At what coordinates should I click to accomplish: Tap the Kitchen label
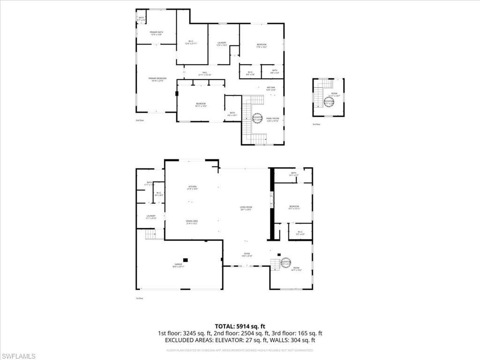point(193,187)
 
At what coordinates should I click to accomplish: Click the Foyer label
point(247,255)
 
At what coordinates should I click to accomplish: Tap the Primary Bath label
point(156,32)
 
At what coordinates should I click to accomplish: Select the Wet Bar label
point(271,88)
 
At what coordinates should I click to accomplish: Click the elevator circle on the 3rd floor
point(330,101)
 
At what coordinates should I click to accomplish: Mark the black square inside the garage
point(186,260)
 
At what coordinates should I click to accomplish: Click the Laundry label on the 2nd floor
point(222,44)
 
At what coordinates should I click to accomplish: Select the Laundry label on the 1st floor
point(150,217)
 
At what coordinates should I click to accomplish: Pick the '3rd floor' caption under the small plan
point(317,124)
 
